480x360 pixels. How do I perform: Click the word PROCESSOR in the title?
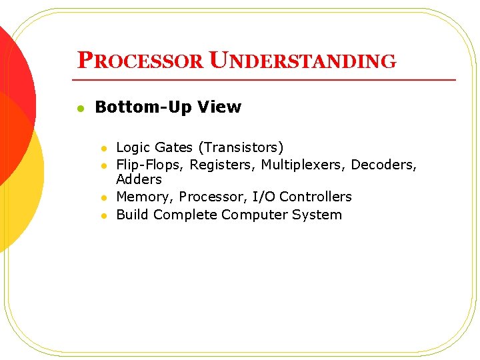141,61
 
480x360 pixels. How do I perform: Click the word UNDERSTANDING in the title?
303,61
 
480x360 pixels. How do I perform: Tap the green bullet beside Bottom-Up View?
79,108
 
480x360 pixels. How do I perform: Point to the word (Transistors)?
237,147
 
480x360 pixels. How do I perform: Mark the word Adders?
139,179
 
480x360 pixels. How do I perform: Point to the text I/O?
264,197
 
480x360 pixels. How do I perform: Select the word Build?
132,215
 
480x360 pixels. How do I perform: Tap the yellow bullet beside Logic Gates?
103,148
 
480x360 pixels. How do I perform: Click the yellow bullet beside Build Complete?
103,215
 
